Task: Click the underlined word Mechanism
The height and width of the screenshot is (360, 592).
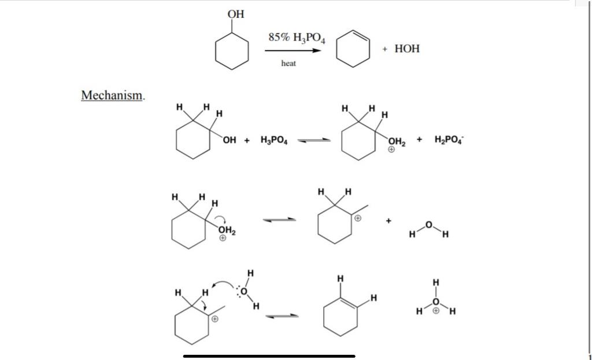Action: [x=112, y=95]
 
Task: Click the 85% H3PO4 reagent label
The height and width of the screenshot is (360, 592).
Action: [x=297, y=38]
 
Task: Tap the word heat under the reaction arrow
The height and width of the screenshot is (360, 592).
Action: [x=288, y=64]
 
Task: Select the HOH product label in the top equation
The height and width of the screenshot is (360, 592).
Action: [x=407, y=49]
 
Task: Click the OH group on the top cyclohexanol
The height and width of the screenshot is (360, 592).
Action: [x=236, y=14]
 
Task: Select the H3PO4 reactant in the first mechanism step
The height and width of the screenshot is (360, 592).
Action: [x=274, y=140]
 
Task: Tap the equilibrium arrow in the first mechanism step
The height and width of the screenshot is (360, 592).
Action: [x=314, y=140]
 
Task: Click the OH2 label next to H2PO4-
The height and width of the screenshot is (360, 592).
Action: [x=396, y=141]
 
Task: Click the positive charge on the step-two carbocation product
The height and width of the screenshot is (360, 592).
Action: [x=358, y=218]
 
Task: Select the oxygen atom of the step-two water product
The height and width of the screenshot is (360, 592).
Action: [x=428, y=224]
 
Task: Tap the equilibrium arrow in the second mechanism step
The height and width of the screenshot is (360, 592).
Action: [x=279, y=220]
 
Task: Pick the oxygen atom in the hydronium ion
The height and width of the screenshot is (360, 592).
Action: [x=436, y=302]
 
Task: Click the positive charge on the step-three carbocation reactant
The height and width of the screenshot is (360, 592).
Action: [x=214, y=318]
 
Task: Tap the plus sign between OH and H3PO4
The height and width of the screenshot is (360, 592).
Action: [x=247, y=140]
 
